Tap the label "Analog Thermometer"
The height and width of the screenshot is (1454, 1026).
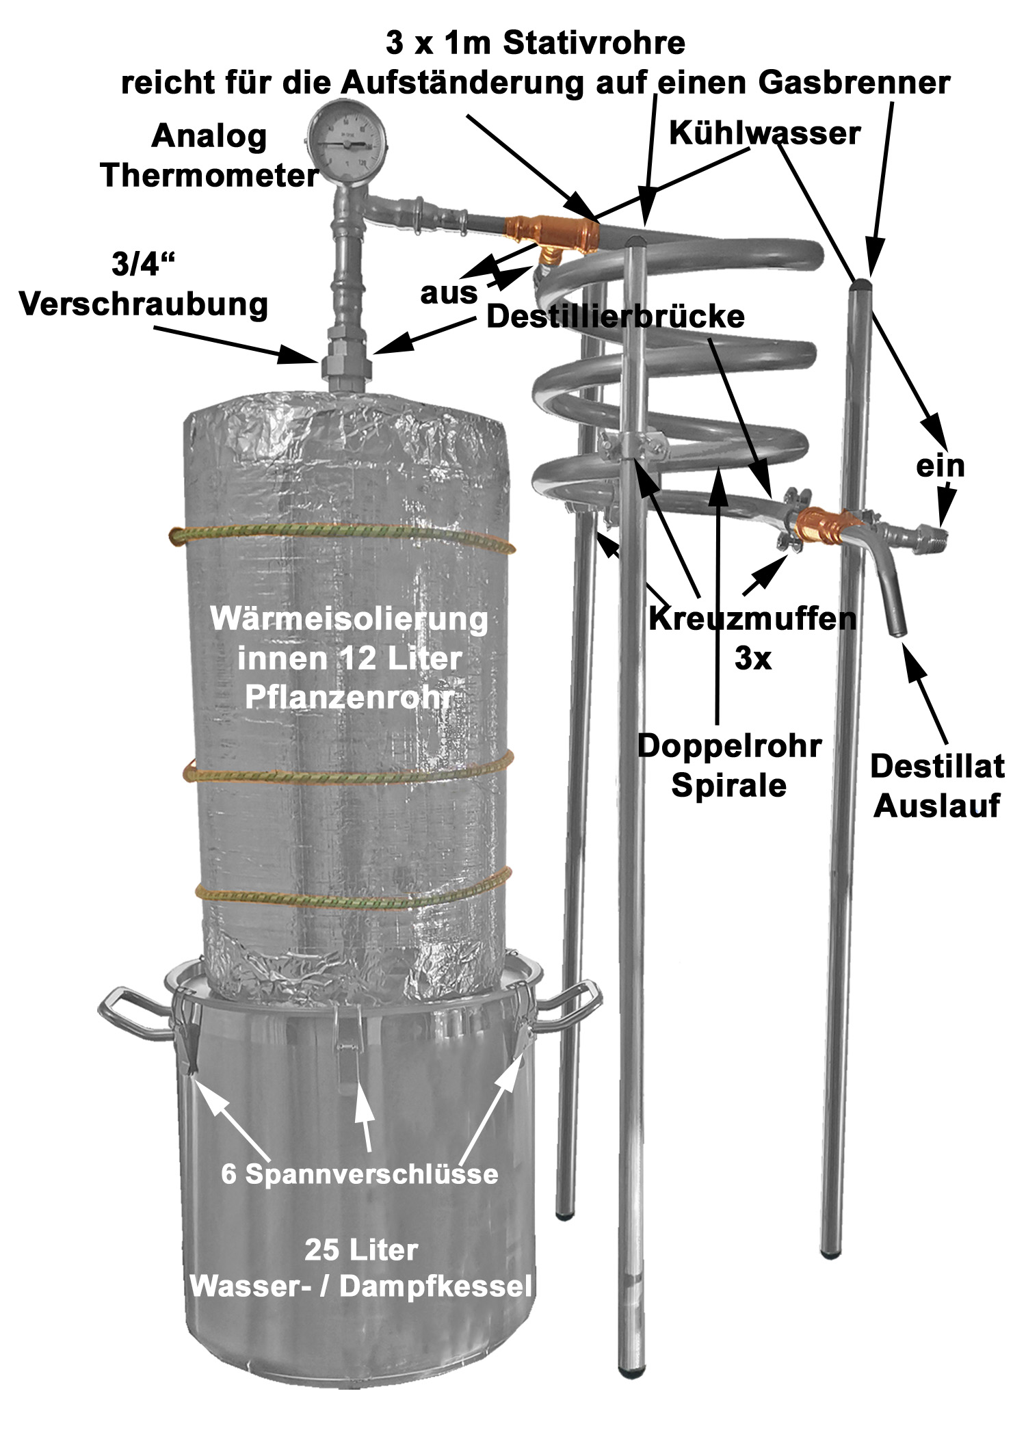click(x=209, y=156)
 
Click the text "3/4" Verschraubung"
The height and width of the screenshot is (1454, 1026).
click(x=144, y=285)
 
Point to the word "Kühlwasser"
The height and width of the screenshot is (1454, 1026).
click(x=764, y=133)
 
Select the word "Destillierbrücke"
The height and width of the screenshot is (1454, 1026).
click(x=615, y=317)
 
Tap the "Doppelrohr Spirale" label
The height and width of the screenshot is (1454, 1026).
click(x=728, y=765)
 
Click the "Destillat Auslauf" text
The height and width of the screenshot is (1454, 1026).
click(x=937, y=787)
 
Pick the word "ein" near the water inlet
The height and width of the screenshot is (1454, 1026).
click(x=941, y=466)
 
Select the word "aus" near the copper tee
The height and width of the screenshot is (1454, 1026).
click(x=449, y=293)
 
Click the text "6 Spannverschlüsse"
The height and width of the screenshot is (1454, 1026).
click(x=359, y=1174)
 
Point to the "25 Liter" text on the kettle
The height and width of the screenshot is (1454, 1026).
click(x=361, y=1251)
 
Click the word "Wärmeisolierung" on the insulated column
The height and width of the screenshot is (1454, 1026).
click(x=349, y=620)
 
